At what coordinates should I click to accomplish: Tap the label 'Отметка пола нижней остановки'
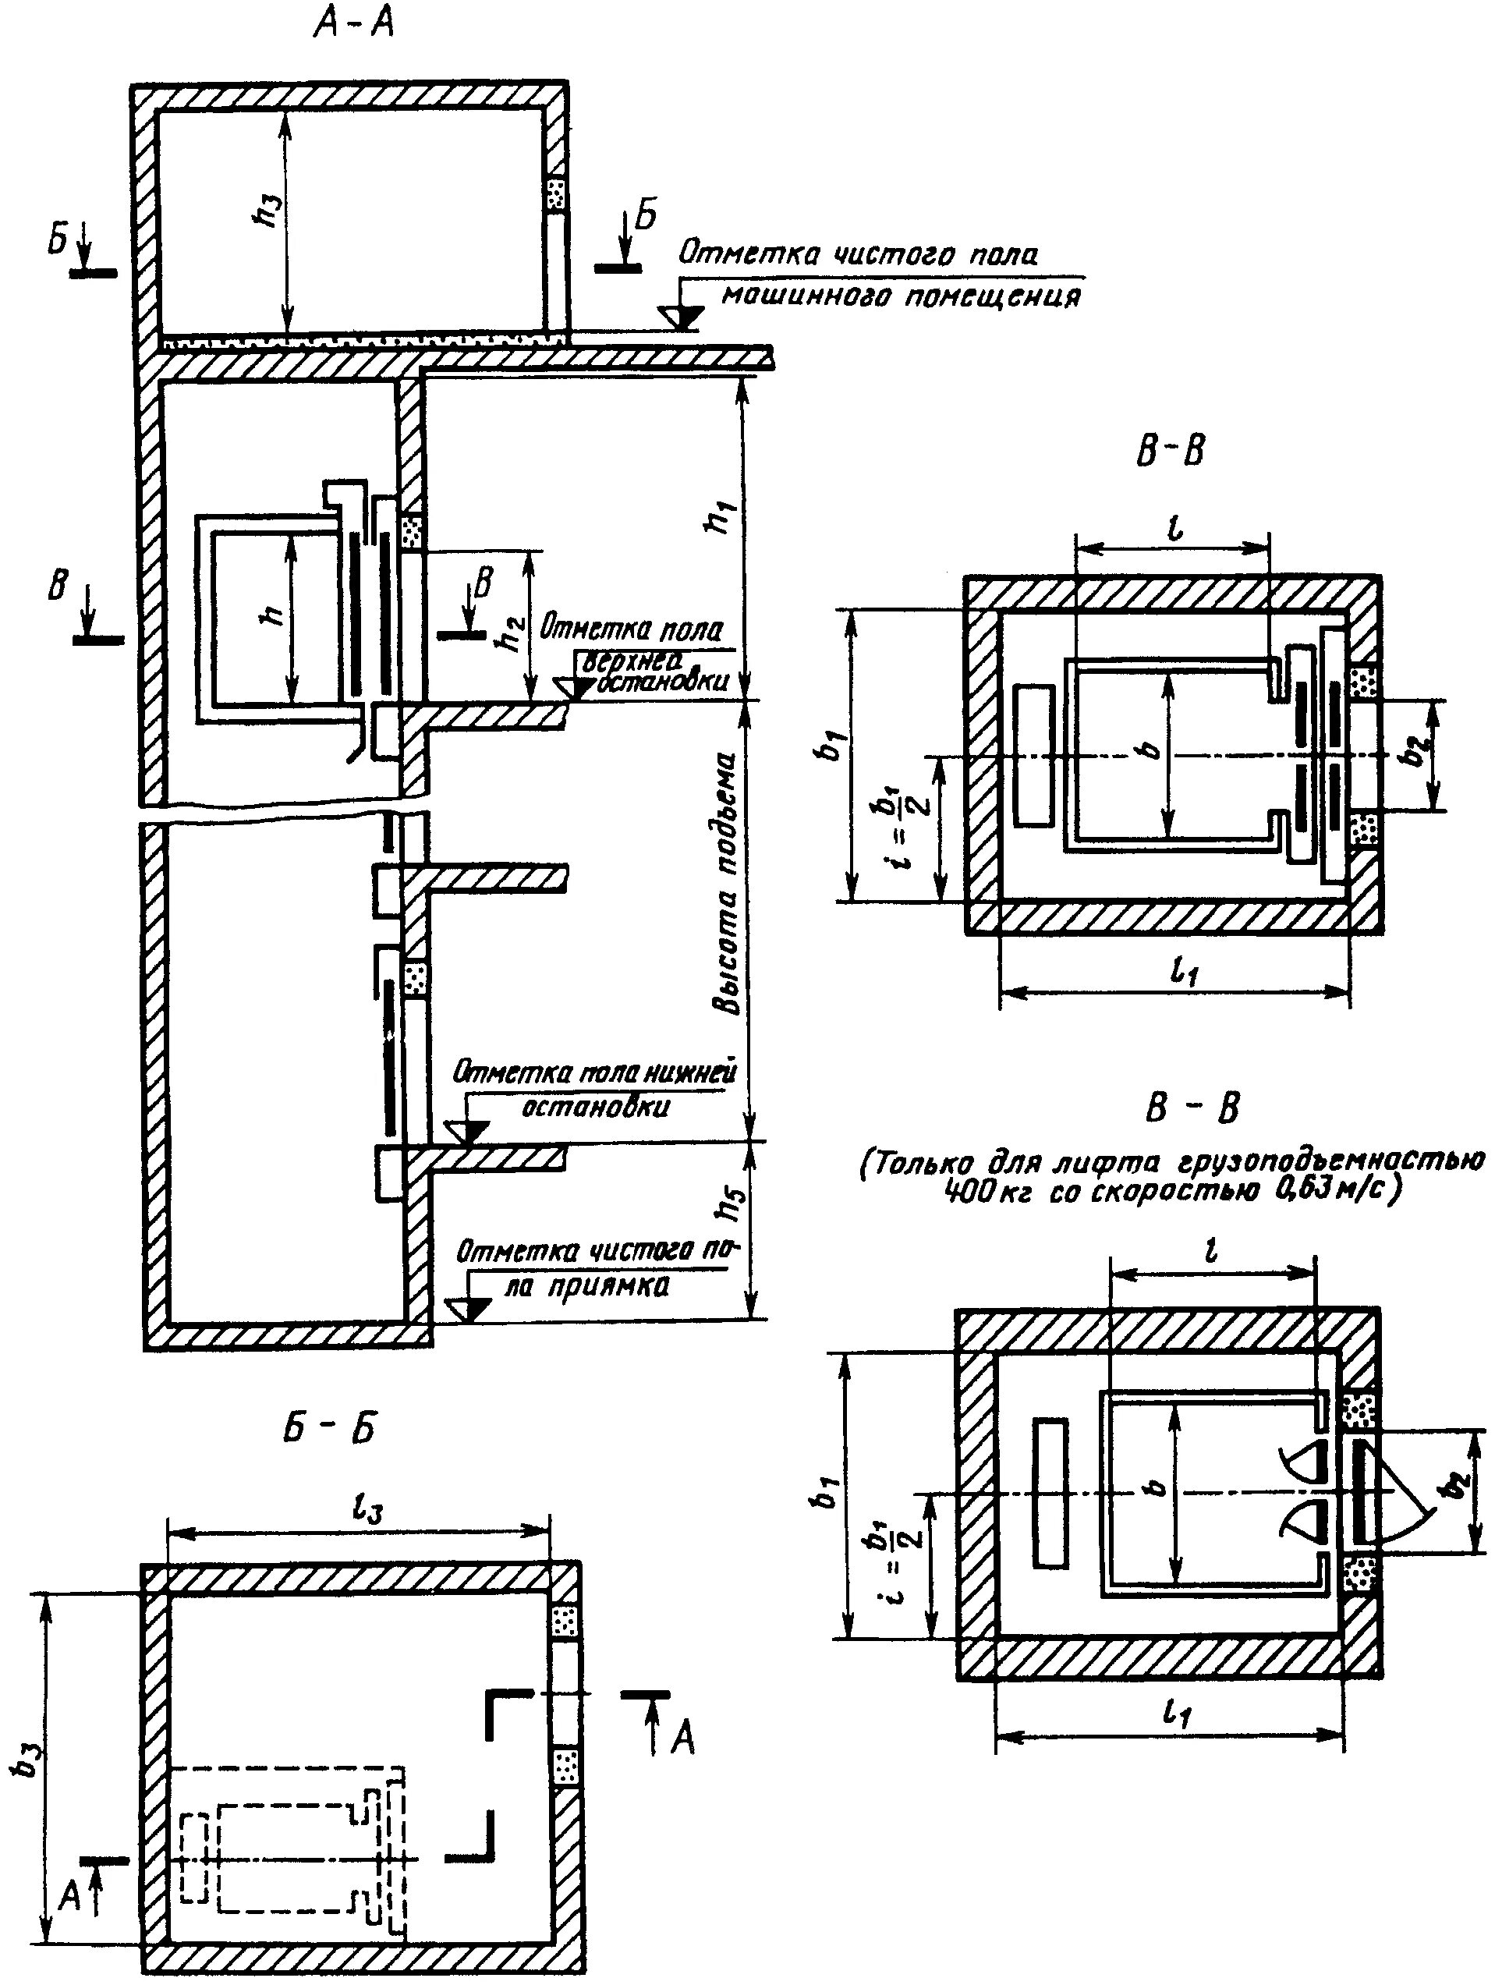pyautogui.click(x=594, y=1090)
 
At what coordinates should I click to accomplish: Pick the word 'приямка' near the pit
pyautogui.click(x=618, y=1286)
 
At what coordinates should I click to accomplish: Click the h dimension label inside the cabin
pyautogui.click(x=275, y=615)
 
